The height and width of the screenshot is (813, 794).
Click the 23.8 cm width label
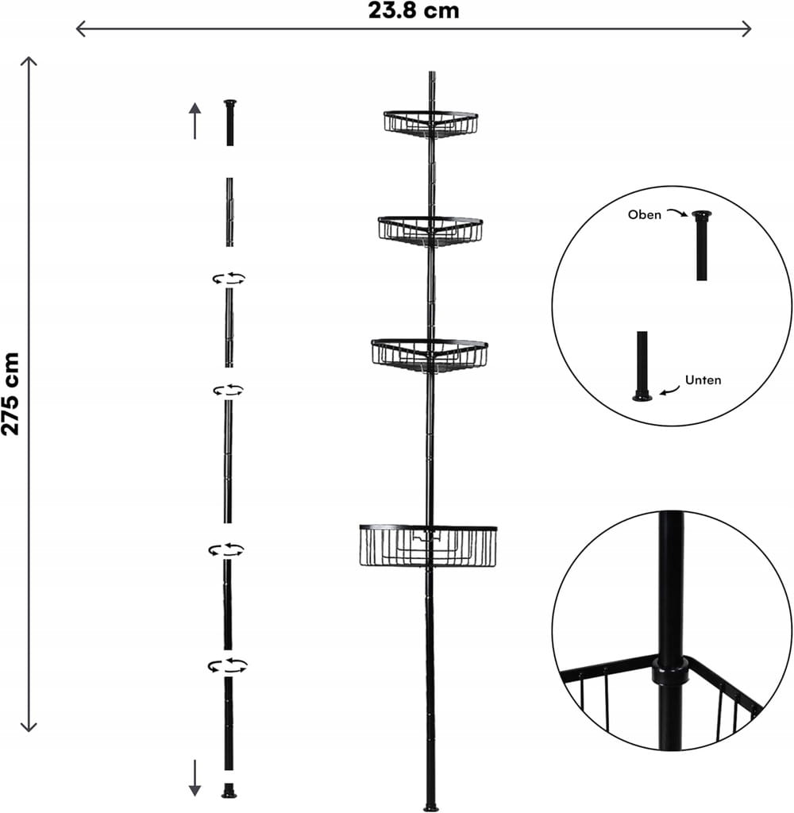tap(414, 10)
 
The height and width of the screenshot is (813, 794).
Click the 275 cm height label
tap(10, 394)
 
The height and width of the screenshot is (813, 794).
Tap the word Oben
tap(644, 214)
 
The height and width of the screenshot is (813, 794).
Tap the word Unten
tap(703, 380)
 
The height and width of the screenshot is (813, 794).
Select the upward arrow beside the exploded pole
tap(195, 121)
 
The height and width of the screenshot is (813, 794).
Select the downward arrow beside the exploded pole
tap(195, 778)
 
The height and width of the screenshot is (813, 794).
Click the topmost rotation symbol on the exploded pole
tap(229, 279)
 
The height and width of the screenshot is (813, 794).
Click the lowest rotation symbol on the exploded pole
tap(227, 666)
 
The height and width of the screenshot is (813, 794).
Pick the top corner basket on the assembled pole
tap(430, 124)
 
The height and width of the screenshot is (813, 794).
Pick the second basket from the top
tap(430, 231)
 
